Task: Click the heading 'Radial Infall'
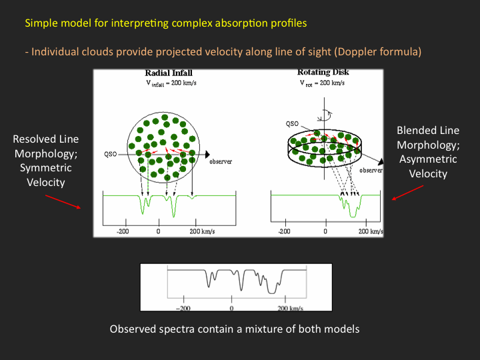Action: (x=169, y=73)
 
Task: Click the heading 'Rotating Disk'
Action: (x=323, y=72)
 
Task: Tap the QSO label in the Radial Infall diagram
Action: (x=111, y=154)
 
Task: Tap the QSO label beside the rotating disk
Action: (x=292, y=124)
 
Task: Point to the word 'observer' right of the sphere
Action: (x=221, y=161)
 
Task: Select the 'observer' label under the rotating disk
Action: (x=371, y=170)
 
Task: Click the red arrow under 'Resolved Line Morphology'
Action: (x=63, y=202)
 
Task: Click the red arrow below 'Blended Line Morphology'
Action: (x=408, y=193)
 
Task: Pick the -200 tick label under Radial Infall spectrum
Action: (x=123, y=231)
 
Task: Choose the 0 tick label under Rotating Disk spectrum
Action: (x=325, y=231)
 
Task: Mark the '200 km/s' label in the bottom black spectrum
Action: (x=290, y=308)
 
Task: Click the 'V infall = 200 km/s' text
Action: (x=171, y=83)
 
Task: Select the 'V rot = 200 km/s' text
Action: (x=322, y=83)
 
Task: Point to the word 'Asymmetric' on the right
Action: (x=428, y=159)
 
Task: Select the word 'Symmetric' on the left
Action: (x=46, y=168)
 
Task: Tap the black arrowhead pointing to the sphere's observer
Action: (x=207, y=155)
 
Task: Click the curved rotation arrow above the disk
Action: (x=326, y=116)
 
